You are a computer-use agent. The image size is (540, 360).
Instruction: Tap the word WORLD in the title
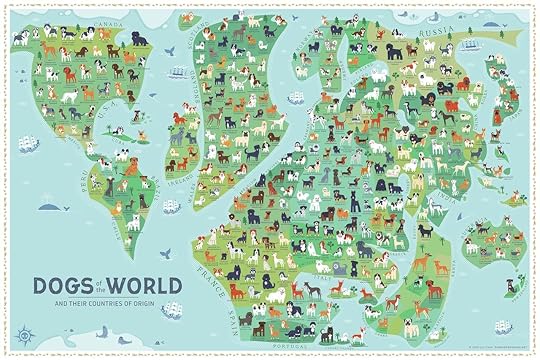(x=150, y=286)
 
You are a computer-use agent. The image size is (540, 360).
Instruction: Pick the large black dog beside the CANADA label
(x=139, y=38)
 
